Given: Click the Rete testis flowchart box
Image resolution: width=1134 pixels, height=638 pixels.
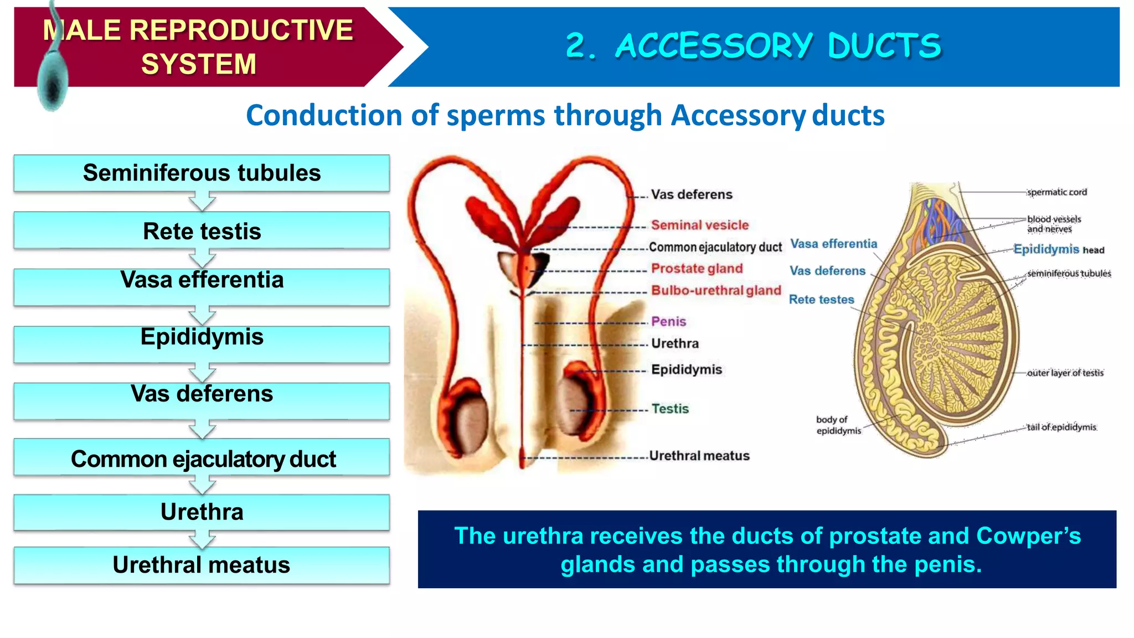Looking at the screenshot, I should [x=202, y=231].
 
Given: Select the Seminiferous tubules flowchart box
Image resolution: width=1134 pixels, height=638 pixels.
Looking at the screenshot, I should [x=202, y=173].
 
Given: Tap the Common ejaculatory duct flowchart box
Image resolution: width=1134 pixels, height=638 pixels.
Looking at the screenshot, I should [x=202, y=459].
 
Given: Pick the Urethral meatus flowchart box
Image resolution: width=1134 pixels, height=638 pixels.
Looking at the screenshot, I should [x=202, y=565].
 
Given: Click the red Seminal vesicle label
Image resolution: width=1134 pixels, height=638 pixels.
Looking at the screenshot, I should [x=699, y=225].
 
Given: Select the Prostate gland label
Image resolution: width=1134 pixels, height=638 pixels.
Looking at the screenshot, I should [x=697, y=269].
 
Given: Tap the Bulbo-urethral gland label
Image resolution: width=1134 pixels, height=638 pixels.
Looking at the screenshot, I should [x=715, y=290].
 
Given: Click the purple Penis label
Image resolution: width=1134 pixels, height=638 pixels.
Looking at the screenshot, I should [x=668, y=322].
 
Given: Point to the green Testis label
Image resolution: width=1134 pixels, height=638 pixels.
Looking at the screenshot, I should [x=670, y=409].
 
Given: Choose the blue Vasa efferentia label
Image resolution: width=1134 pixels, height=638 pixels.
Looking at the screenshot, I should [x=833, y=244].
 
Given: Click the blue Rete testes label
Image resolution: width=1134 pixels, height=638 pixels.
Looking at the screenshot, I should [x=821, y=300].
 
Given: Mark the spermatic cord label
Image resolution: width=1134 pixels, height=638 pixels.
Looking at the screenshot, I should [x=1056, y=192].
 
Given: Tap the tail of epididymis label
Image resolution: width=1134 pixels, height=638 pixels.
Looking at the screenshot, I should [x=1061, y=427].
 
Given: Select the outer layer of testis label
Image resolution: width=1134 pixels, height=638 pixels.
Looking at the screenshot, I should [x=1065, y=373].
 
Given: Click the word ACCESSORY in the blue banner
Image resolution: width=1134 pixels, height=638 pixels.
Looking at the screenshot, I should [x=714, y=46].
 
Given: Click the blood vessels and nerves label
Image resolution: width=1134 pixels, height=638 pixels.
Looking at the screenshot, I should [x=1053, y=224].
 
